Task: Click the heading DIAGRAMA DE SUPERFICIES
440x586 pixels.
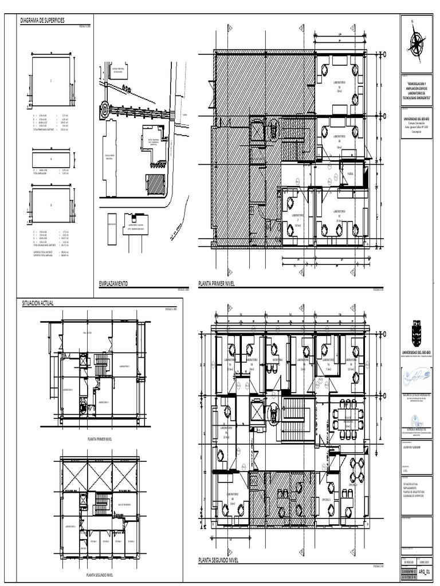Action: tap(44, 21)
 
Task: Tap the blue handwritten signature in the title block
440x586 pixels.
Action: tap(417, 375)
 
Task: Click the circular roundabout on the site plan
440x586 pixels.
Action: tap(105, 109)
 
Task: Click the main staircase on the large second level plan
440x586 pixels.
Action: tap(294, 421)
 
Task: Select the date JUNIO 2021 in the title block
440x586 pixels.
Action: tap(423, 562)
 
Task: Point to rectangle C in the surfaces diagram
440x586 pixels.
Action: tap(51, 81)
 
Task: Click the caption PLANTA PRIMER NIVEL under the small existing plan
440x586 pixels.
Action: tap(100, 439)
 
